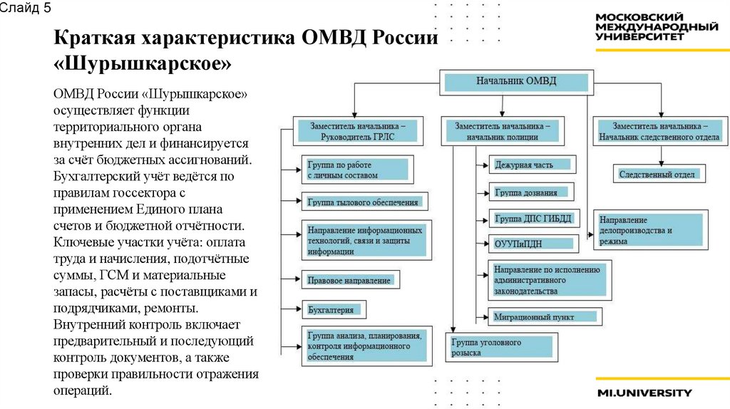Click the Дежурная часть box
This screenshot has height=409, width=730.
(531, 165)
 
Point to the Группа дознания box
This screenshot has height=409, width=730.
(531, 192)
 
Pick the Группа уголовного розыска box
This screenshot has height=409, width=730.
(500, 347)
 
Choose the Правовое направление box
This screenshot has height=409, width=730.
(349, 280)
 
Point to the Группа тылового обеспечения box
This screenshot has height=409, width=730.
(364, 202)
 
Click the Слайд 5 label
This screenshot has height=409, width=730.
(25, 9)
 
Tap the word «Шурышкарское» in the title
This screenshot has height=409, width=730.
(143, 64)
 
